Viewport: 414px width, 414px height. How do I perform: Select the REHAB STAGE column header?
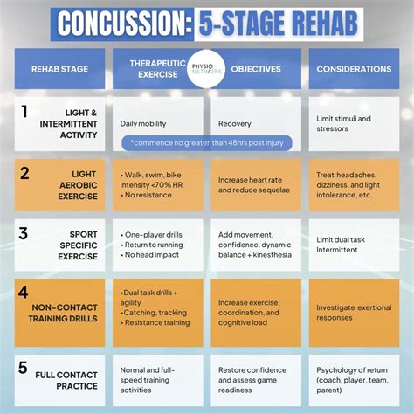coord(59,68)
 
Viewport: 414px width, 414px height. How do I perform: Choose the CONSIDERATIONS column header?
coord(354,68)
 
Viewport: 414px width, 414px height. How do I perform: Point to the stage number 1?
coord(24,112)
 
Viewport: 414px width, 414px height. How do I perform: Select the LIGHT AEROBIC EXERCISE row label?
coord(78,185)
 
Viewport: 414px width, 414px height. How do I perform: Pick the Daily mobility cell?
coord(143,123)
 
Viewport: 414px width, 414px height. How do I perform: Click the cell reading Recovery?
coord(235,123)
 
